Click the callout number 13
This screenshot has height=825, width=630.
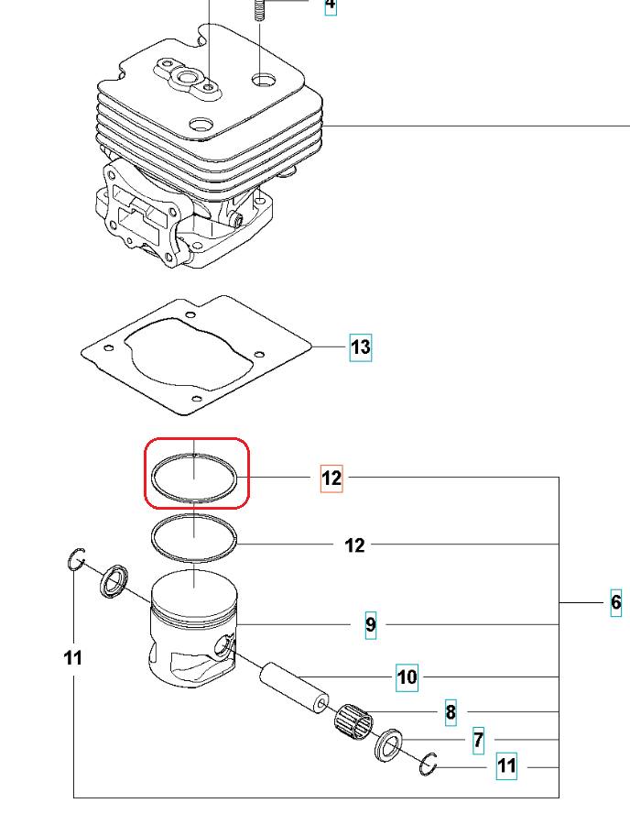tap(361, 347)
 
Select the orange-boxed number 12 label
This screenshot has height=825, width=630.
tap(331, 478)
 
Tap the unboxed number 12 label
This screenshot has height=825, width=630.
tap(354, 545)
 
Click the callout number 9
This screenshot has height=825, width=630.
tap(371, 624)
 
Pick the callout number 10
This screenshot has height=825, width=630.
tap(407, 678)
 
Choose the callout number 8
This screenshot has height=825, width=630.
tap(451, 711)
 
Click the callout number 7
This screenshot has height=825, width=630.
tap(478, 740)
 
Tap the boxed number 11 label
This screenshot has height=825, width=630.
tap(506, 765)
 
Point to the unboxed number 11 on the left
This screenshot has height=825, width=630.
tap(73, 657)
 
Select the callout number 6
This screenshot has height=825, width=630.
tap(616, 602)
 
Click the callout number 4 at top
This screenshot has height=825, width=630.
tap(330, 5)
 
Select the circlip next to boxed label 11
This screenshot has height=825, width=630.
tap(430, 763)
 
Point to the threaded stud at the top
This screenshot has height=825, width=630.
tap(260, 12)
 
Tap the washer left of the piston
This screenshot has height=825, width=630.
tap(114, 581)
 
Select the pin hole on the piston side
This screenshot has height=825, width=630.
tap(223, 650)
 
